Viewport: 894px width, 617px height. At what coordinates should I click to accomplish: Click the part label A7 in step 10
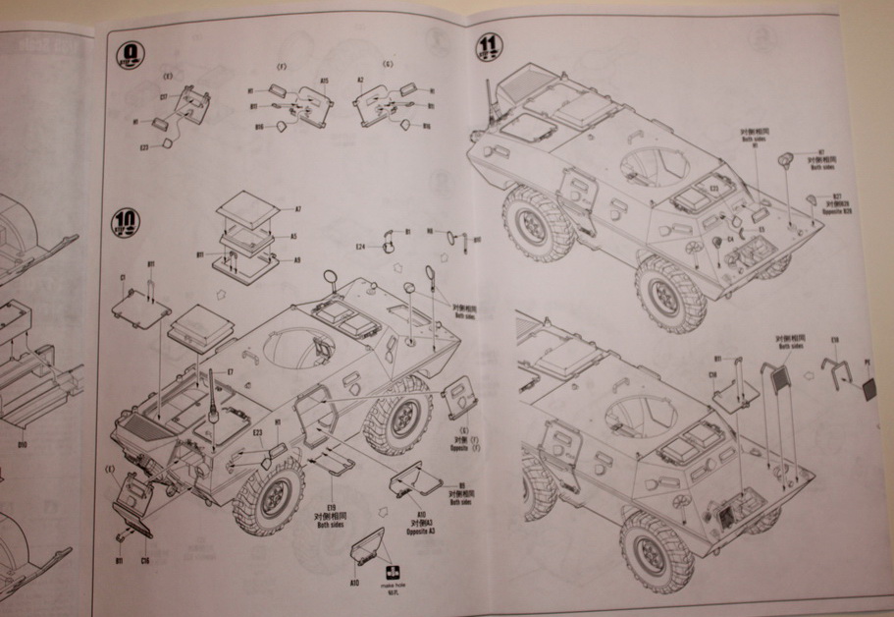[x=297, y=208]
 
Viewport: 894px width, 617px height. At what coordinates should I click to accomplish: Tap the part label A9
[x=296, y=260]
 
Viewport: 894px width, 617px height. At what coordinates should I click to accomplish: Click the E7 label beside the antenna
[x=229, y=372]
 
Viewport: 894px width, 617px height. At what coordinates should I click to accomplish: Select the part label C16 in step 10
[x=144, y=560]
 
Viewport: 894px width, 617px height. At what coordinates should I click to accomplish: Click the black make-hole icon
[x=393, y=574]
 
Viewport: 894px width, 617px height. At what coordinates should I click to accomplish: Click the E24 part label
[x=360, y=246]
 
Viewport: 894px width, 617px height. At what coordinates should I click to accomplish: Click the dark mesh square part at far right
[x=868, y=388]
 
